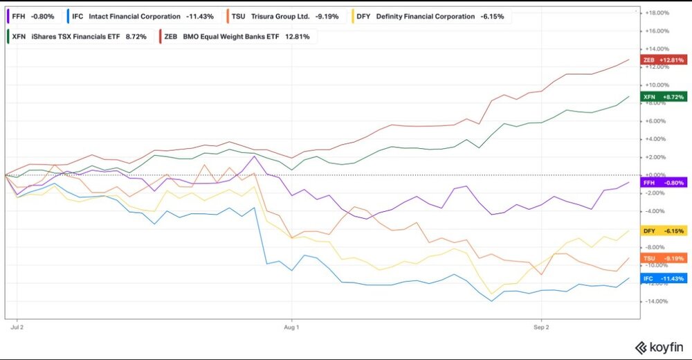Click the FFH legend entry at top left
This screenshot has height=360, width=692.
32,17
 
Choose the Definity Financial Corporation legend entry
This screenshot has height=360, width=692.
430,17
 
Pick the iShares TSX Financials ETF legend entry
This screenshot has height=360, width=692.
79,37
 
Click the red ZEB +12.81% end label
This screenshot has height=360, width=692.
664,60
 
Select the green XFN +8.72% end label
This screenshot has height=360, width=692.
664,97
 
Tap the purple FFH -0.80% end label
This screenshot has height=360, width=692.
664,183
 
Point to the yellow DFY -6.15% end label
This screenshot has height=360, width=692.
664,231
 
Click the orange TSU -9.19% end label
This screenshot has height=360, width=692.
664,258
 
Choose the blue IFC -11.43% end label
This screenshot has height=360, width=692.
664,279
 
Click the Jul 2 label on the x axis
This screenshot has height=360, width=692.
17,327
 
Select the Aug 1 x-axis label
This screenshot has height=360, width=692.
291,327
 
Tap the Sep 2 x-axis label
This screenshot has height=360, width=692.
541,327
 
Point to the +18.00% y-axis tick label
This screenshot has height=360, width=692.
657,13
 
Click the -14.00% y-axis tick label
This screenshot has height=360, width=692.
657,301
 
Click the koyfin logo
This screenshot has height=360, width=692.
659,348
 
